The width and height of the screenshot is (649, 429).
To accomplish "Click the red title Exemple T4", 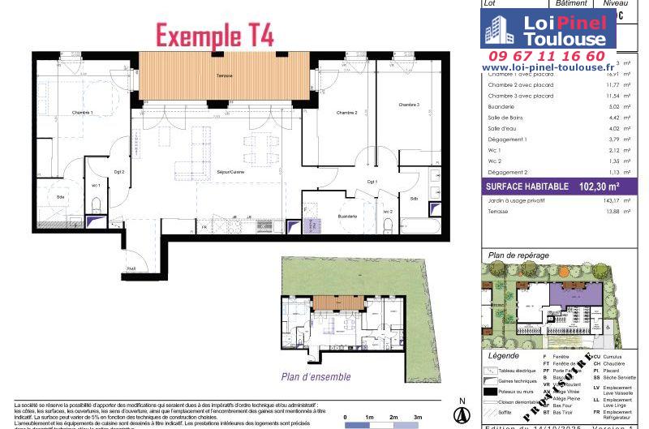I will pos(214,36).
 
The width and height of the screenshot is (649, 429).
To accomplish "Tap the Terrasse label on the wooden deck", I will pos(225,76).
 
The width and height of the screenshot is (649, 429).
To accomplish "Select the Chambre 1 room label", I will pos(82,113).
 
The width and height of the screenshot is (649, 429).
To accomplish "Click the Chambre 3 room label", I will pos(408,105).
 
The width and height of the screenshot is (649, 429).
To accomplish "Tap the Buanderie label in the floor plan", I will pos(325,217).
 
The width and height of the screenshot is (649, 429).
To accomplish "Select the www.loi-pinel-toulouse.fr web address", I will pos(548,68).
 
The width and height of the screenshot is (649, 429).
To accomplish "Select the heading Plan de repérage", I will pos(518,255).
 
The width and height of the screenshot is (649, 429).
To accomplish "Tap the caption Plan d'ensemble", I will pos(316,376).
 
